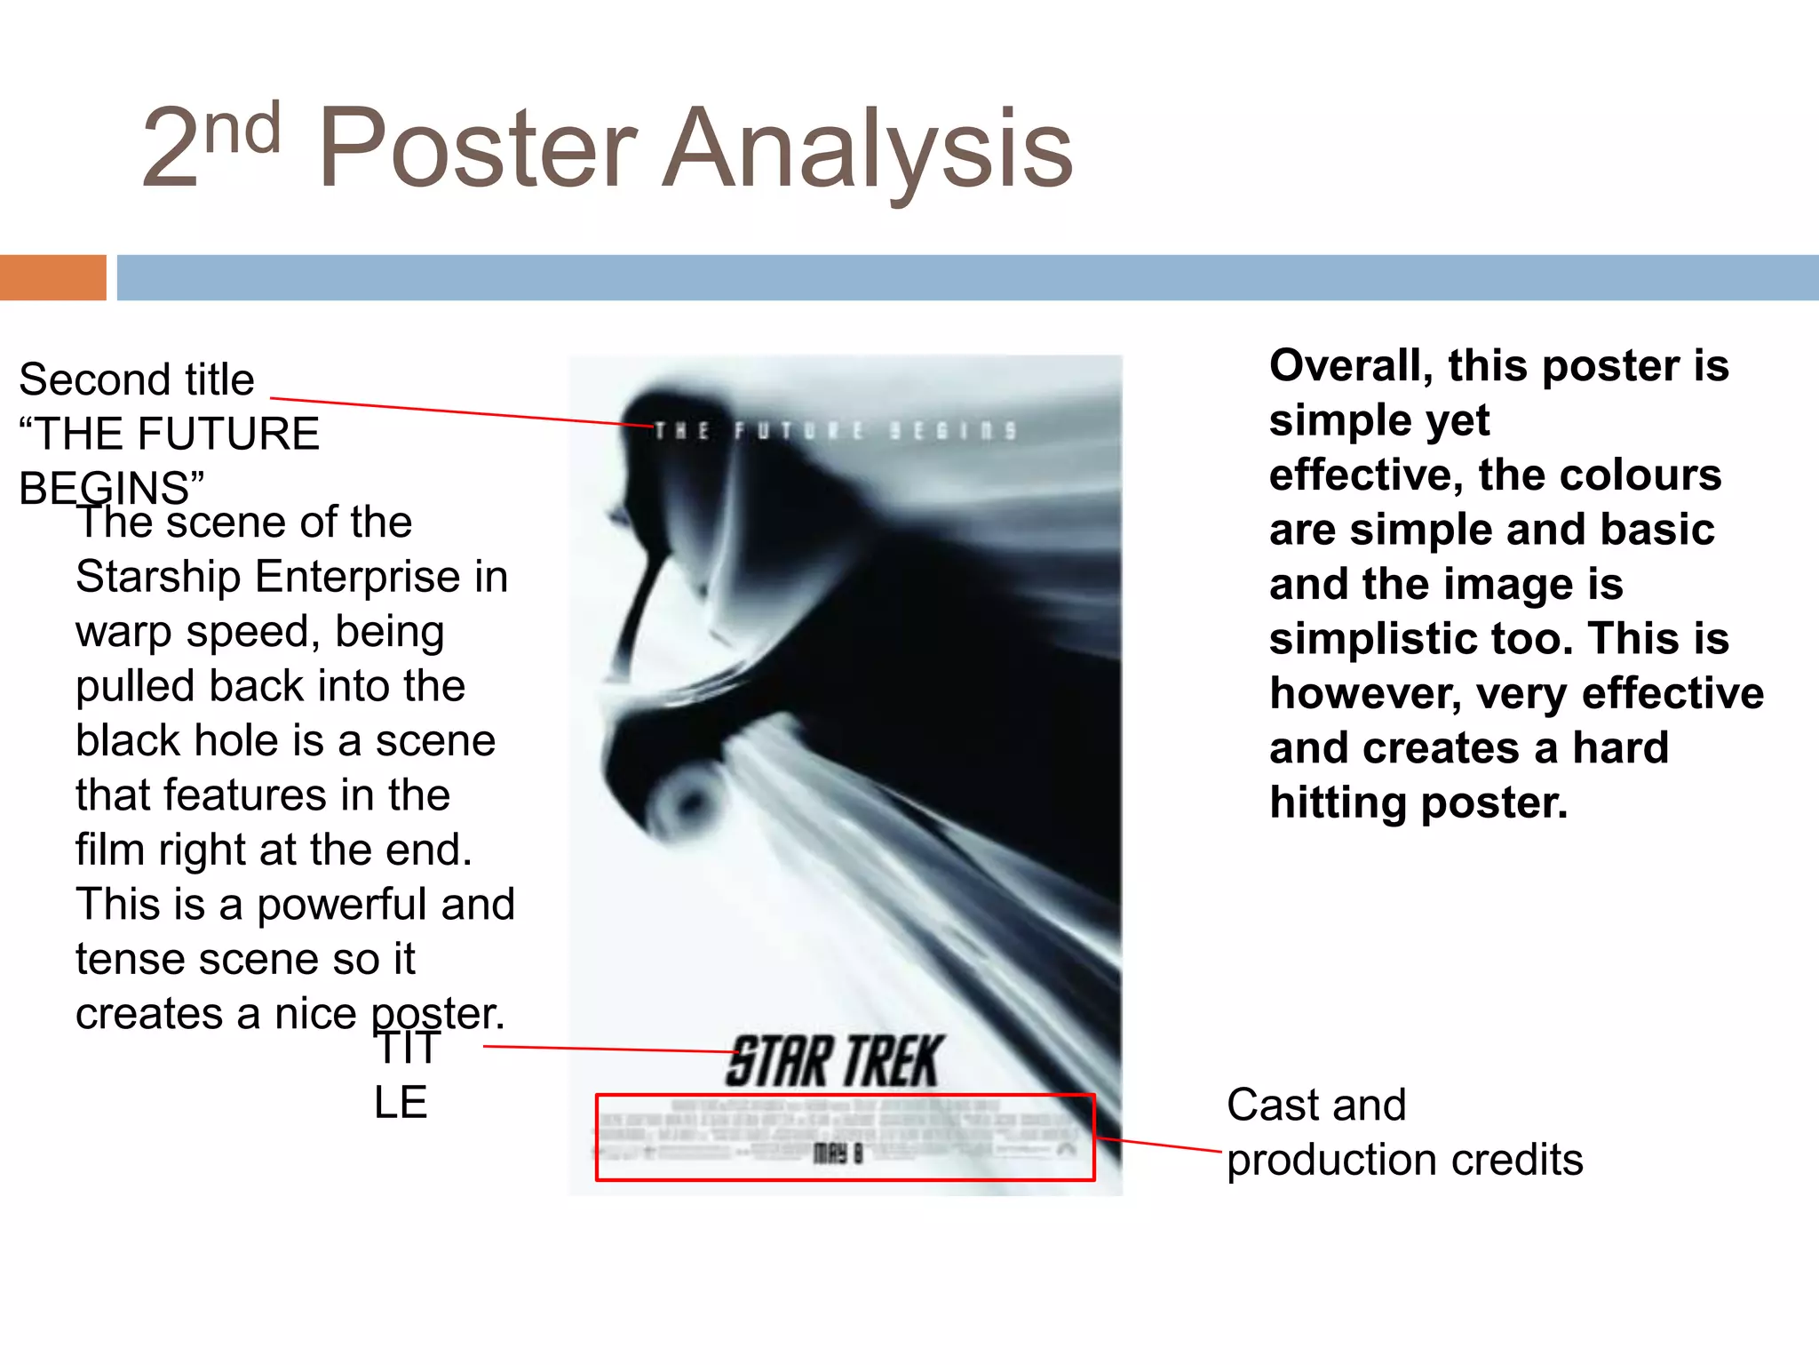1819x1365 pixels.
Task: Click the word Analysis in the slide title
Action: (x=869, y=149)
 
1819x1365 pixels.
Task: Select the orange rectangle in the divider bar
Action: (x=52, y=277)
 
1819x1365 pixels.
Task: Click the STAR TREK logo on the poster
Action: (x=833, y=1061)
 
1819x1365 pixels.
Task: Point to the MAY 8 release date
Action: (x=838, y=1154)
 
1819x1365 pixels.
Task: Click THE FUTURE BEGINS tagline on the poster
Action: (x=835, y=431)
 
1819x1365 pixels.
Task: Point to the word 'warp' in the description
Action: (x=123, y=633)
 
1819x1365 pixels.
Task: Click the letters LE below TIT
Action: (x=401, y=1104)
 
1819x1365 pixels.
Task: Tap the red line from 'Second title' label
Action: (x=462, y=412)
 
